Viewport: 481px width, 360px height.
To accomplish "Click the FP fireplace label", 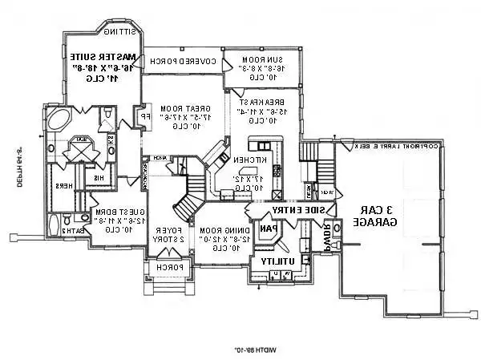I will (146, 116).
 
